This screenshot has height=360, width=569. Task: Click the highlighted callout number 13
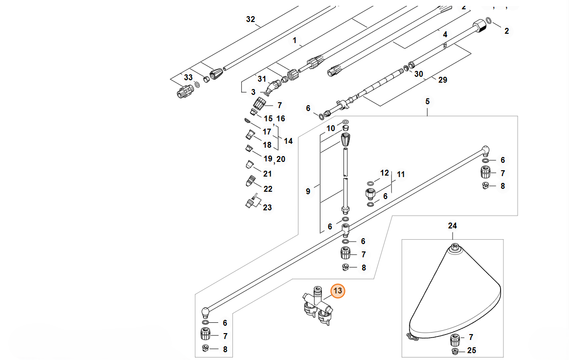point(338,291)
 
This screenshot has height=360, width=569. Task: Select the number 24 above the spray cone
point(452,226)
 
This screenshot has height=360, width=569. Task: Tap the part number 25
point(471,351)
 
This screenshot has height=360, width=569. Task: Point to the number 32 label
point(250,20)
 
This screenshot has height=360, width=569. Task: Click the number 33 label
point(188,78)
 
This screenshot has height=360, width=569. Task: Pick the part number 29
point(442,80)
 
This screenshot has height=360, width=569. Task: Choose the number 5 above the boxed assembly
point(427,102)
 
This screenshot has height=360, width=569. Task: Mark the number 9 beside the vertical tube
point(308,191)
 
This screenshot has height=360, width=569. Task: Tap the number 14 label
point(288,141)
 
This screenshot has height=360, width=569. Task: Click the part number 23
point(267,207)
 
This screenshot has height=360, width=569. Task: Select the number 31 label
point(262,79)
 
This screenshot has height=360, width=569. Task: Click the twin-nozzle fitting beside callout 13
point(316,306)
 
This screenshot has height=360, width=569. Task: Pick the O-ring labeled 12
point(371,183)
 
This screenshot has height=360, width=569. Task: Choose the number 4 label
point(445,34)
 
